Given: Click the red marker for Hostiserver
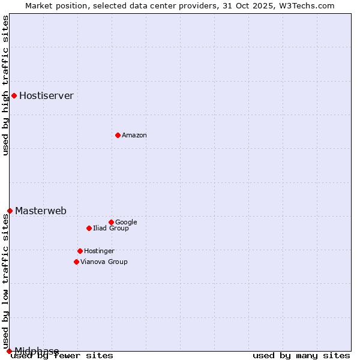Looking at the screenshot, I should pyautogui.click(x=14, y=95).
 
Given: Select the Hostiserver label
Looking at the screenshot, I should pyautogui.click(x=46, y=96).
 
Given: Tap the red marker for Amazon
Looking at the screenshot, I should pyautogui.click(x=118, y=135).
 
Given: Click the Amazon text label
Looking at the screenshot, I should pyautogui.click(x=134, y=136).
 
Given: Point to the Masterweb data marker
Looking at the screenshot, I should pyautogui.click(x=10, y=211).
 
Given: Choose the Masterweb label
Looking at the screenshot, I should pyautogui.click(x=41, y=211).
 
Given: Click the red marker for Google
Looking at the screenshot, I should pyautogui.click(x=111, y=222).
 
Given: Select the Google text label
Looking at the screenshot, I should pyautogui.click(x=126, y=223).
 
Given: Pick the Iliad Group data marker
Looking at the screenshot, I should pyautogui.click(x=89, y=228).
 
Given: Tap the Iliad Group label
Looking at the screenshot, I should pyautogui.click(x=110, y=229).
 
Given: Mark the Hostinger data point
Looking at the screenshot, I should pyautogui.click(x=80, y=251).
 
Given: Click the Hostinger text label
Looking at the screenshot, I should pyautogui.click(x=99, y=251).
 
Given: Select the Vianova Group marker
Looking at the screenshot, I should pyautogui.click(x=76, y=262).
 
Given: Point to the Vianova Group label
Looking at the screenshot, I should pyautogui.click(x=104, y=262).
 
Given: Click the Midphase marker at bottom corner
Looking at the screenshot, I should pyautogui.click(x=9, y=351).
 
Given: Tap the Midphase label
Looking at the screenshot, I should pyautogui.click(x=37, y=351).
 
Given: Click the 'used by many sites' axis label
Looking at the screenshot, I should pyautogui.click(x=301, y=356).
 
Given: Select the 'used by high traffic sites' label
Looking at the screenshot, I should pyautogui.click(x=5, y=85).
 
